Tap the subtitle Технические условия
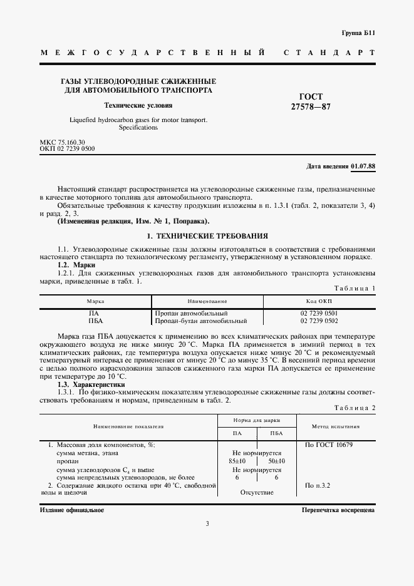point(138,105)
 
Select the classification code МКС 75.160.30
point(62,142)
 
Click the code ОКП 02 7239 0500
point(67,149)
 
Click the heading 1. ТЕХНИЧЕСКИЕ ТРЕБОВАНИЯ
point(207,236)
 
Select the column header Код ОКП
point(319,301)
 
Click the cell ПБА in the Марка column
point(96,321)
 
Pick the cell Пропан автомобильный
point(191,313)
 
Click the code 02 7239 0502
point(319,321)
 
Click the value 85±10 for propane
point(238,461)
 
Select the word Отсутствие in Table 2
point(257,493)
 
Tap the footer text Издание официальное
point(71,510)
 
